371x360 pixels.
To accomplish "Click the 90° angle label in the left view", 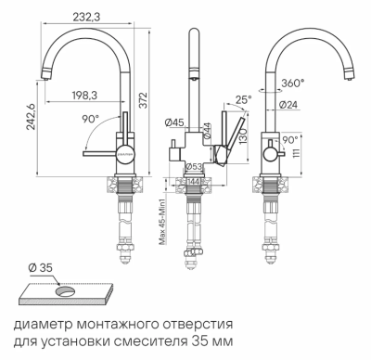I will [89, 121].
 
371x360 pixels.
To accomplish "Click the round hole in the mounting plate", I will [67, 290].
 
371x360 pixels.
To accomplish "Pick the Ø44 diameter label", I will [207, 133].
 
